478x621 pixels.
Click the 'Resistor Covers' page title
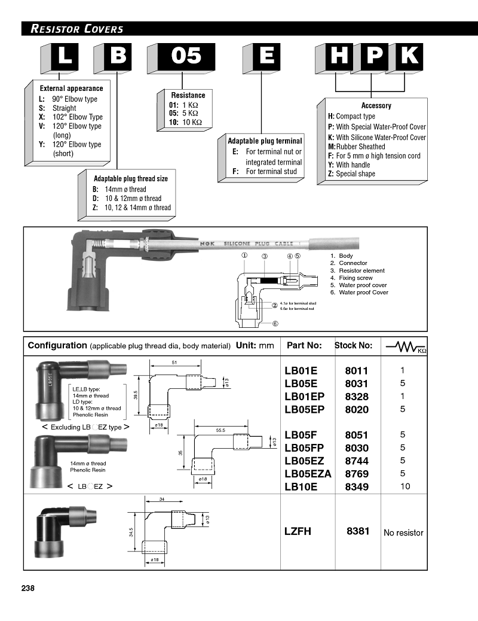(77, 29)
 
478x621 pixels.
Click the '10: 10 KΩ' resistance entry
(185, 123)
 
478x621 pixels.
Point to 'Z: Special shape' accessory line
(351, 173)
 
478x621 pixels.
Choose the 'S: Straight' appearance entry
(57, 108)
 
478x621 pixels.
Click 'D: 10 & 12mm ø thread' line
(127, 199)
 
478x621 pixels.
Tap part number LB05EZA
(308, 474)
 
